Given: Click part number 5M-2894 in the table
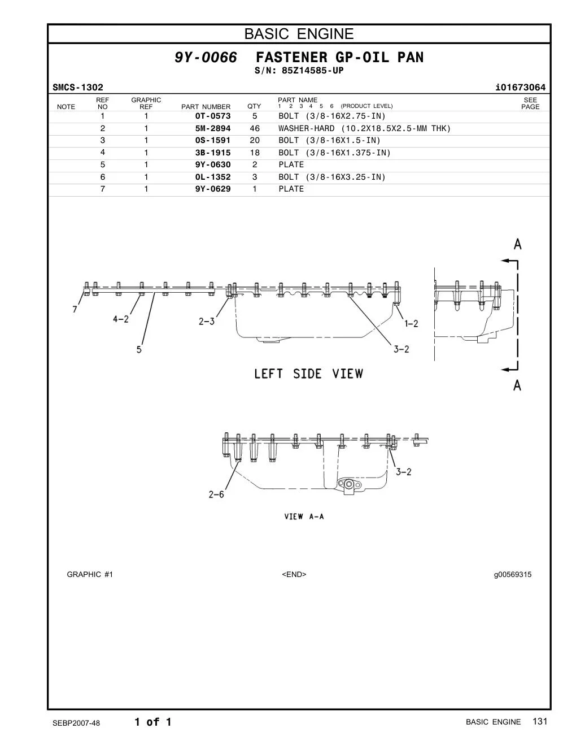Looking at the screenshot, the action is point(213,128).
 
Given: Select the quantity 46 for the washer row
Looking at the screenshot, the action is point(255,128).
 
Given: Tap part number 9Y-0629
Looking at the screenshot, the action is point(213,189).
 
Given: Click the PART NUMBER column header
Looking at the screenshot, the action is point(206,107).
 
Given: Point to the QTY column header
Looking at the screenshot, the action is point(254,106).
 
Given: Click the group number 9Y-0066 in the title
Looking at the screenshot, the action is point(206,57).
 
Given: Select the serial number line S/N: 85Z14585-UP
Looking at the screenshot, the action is point(299,71).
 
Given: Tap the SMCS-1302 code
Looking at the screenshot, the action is point(78,88).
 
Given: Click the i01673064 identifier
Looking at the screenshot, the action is point(520,88).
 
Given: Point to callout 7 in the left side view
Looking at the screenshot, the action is point(75,309).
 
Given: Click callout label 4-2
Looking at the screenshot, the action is point(121,319).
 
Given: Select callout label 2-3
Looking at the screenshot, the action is point(207,322).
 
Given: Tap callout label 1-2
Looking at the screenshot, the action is point(411,323).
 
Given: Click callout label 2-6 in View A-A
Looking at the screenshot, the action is point(216,495).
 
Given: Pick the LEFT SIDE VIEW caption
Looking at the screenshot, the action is point(308,374).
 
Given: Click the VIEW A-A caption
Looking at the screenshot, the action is point(304,517).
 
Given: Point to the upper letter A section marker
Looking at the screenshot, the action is point(517,244).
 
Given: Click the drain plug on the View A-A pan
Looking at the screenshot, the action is point(350,485).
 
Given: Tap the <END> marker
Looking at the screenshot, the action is point(294,574).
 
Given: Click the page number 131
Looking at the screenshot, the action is point(540,721).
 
